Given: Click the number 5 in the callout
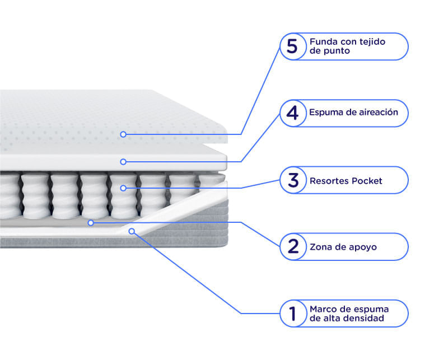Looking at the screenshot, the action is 292,46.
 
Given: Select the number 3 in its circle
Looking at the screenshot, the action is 293,180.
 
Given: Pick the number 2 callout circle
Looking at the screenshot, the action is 293,247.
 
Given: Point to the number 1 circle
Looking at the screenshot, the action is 293,314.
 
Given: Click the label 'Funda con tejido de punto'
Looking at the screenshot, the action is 347,46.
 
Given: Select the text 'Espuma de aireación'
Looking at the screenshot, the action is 354,113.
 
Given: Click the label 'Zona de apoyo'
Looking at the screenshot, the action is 343,247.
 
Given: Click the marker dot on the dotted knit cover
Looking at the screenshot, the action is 123,134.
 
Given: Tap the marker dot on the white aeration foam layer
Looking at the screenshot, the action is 123,162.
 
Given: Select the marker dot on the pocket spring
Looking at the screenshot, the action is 123,188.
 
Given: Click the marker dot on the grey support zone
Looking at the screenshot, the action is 91,223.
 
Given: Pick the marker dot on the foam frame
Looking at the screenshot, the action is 132,231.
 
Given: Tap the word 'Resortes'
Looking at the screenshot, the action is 329,181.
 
